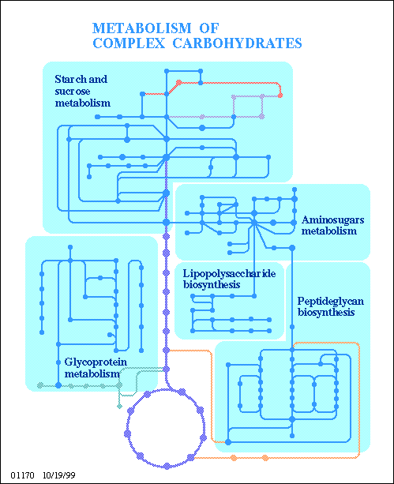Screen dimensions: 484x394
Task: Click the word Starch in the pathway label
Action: point(69,80)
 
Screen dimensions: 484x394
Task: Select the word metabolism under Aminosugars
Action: point(330,231)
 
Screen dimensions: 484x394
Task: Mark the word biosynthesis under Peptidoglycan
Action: point(325,313)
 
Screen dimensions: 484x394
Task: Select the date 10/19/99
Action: point(59,477)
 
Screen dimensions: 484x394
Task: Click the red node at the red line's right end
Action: point(281,96)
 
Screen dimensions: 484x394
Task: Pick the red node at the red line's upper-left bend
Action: point(178,82)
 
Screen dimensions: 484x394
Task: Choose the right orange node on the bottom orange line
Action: point(265,458)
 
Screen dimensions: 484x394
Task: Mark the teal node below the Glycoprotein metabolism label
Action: point(119,406)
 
